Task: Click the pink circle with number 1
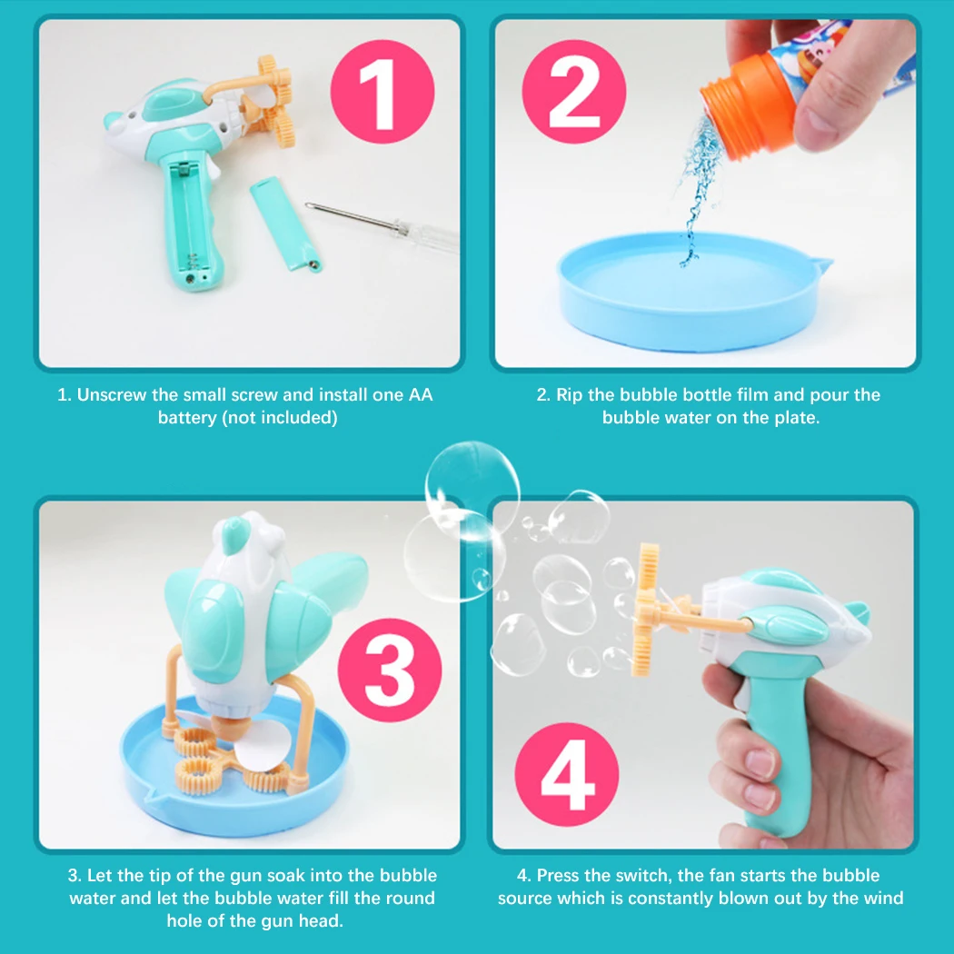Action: [383, 92]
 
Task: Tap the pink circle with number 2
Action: [573, 92]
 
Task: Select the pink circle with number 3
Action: [390, 670]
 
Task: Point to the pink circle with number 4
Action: [566, 774]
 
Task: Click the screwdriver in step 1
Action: [383, 225]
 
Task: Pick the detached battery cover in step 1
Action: [285, 224]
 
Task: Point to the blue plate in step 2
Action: [693, 292]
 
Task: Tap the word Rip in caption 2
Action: [570, 395]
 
